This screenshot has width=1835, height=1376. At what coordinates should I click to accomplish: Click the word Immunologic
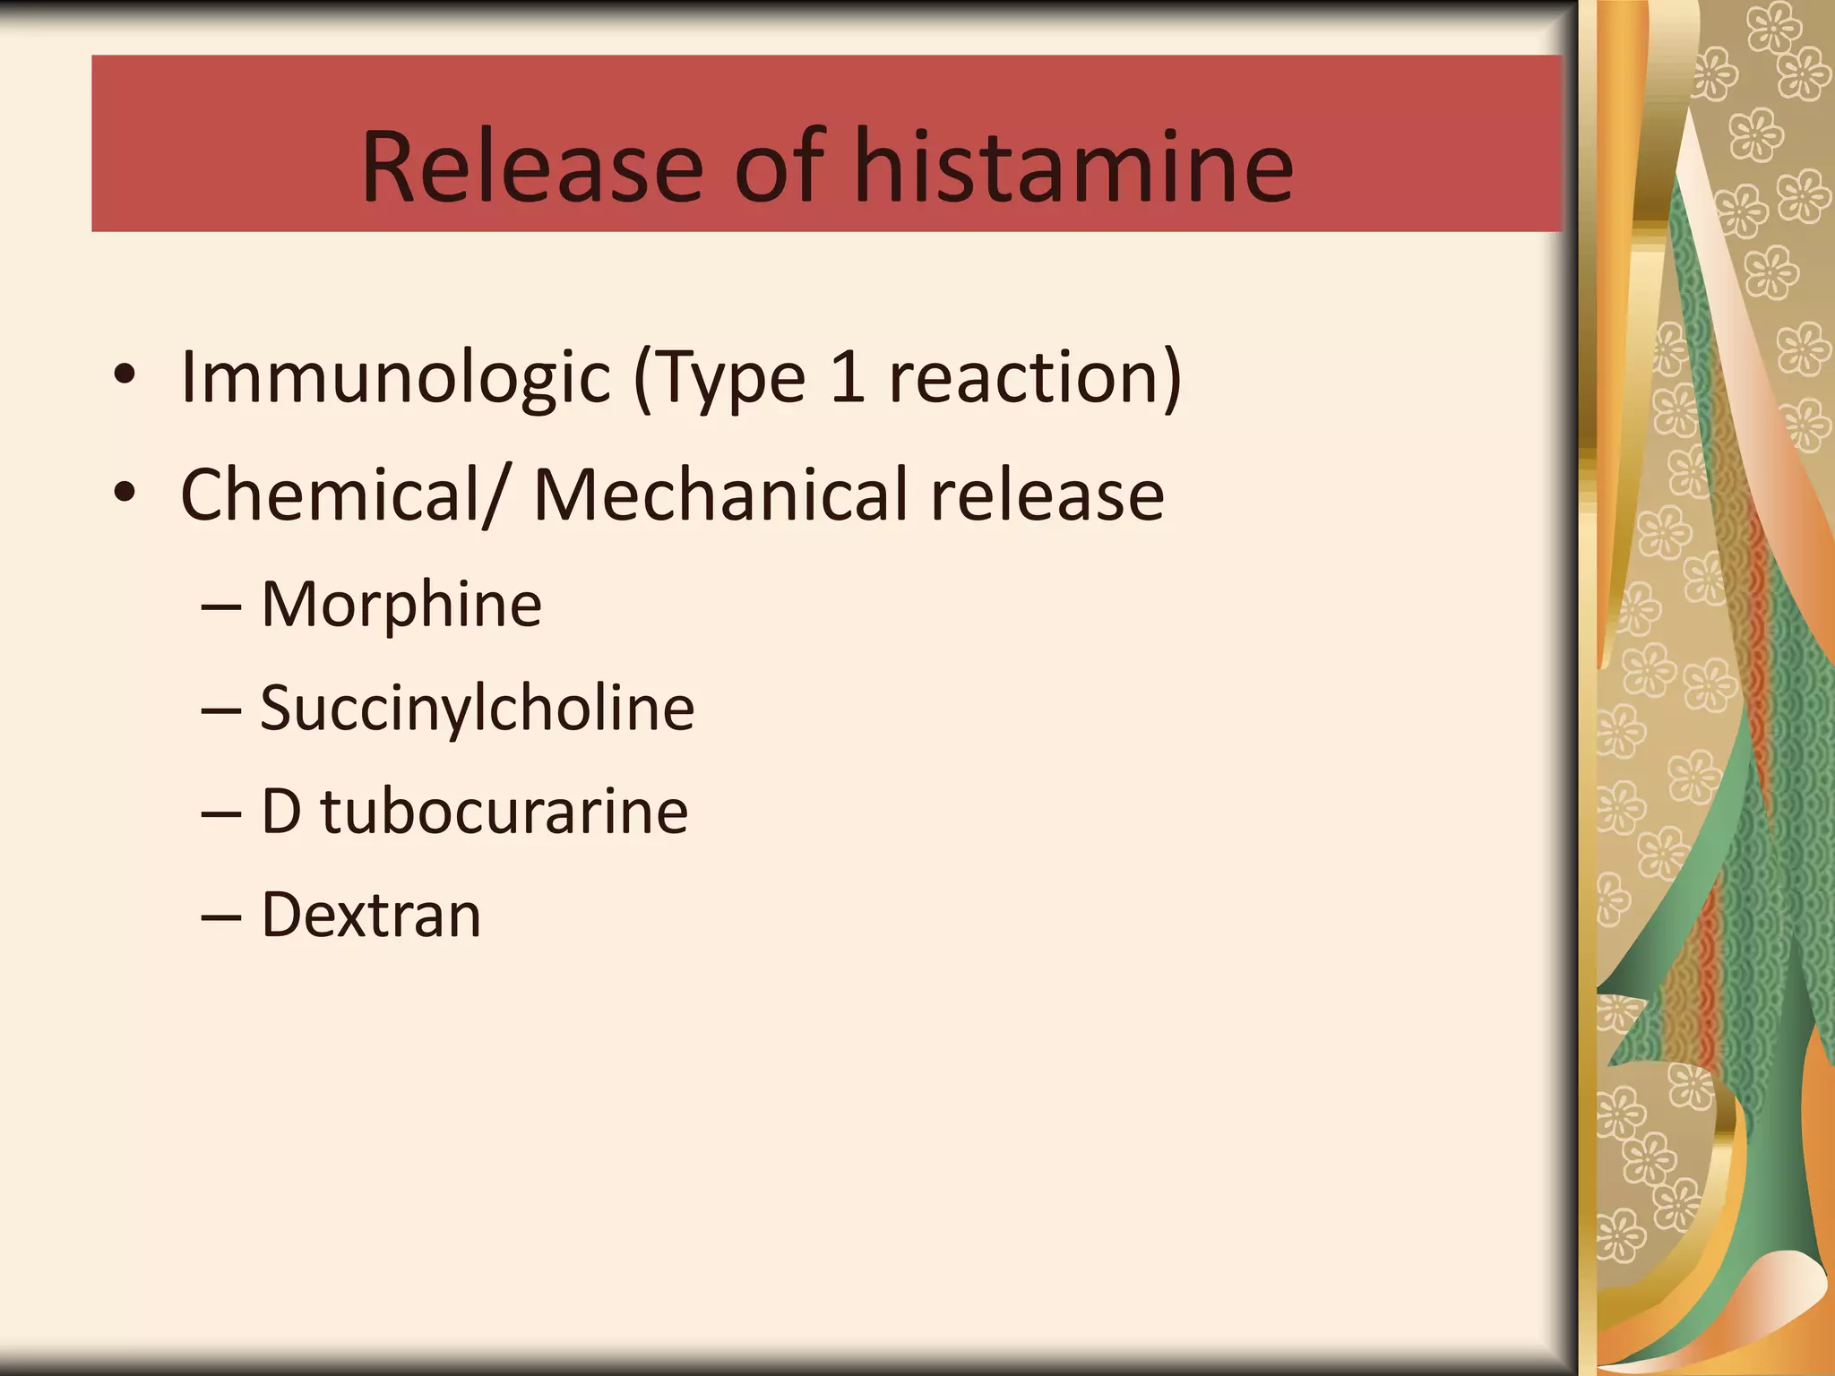point(395,378)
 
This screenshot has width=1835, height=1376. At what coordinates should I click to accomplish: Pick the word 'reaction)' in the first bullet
point(1035,378)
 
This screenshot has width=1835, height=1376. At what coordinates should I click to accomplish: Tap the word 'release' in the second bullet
point(1047,494)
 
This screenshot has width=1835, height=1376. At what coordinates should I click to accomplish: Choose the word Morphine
point(401,605)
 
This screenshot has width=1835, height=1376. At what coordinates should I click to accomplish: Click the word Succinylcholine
point(477,709)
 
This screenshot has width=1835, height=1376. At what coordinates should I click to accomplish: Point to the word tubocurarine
point(504,812)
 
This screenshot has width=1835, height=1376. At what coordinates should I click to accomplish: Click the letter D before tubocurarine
point(280,812)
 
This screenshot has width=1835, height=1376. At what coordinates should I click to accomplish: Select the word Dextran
point(371,915)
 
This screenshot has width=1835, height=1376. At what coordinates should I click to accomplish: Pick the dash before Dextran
point(220,918)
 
